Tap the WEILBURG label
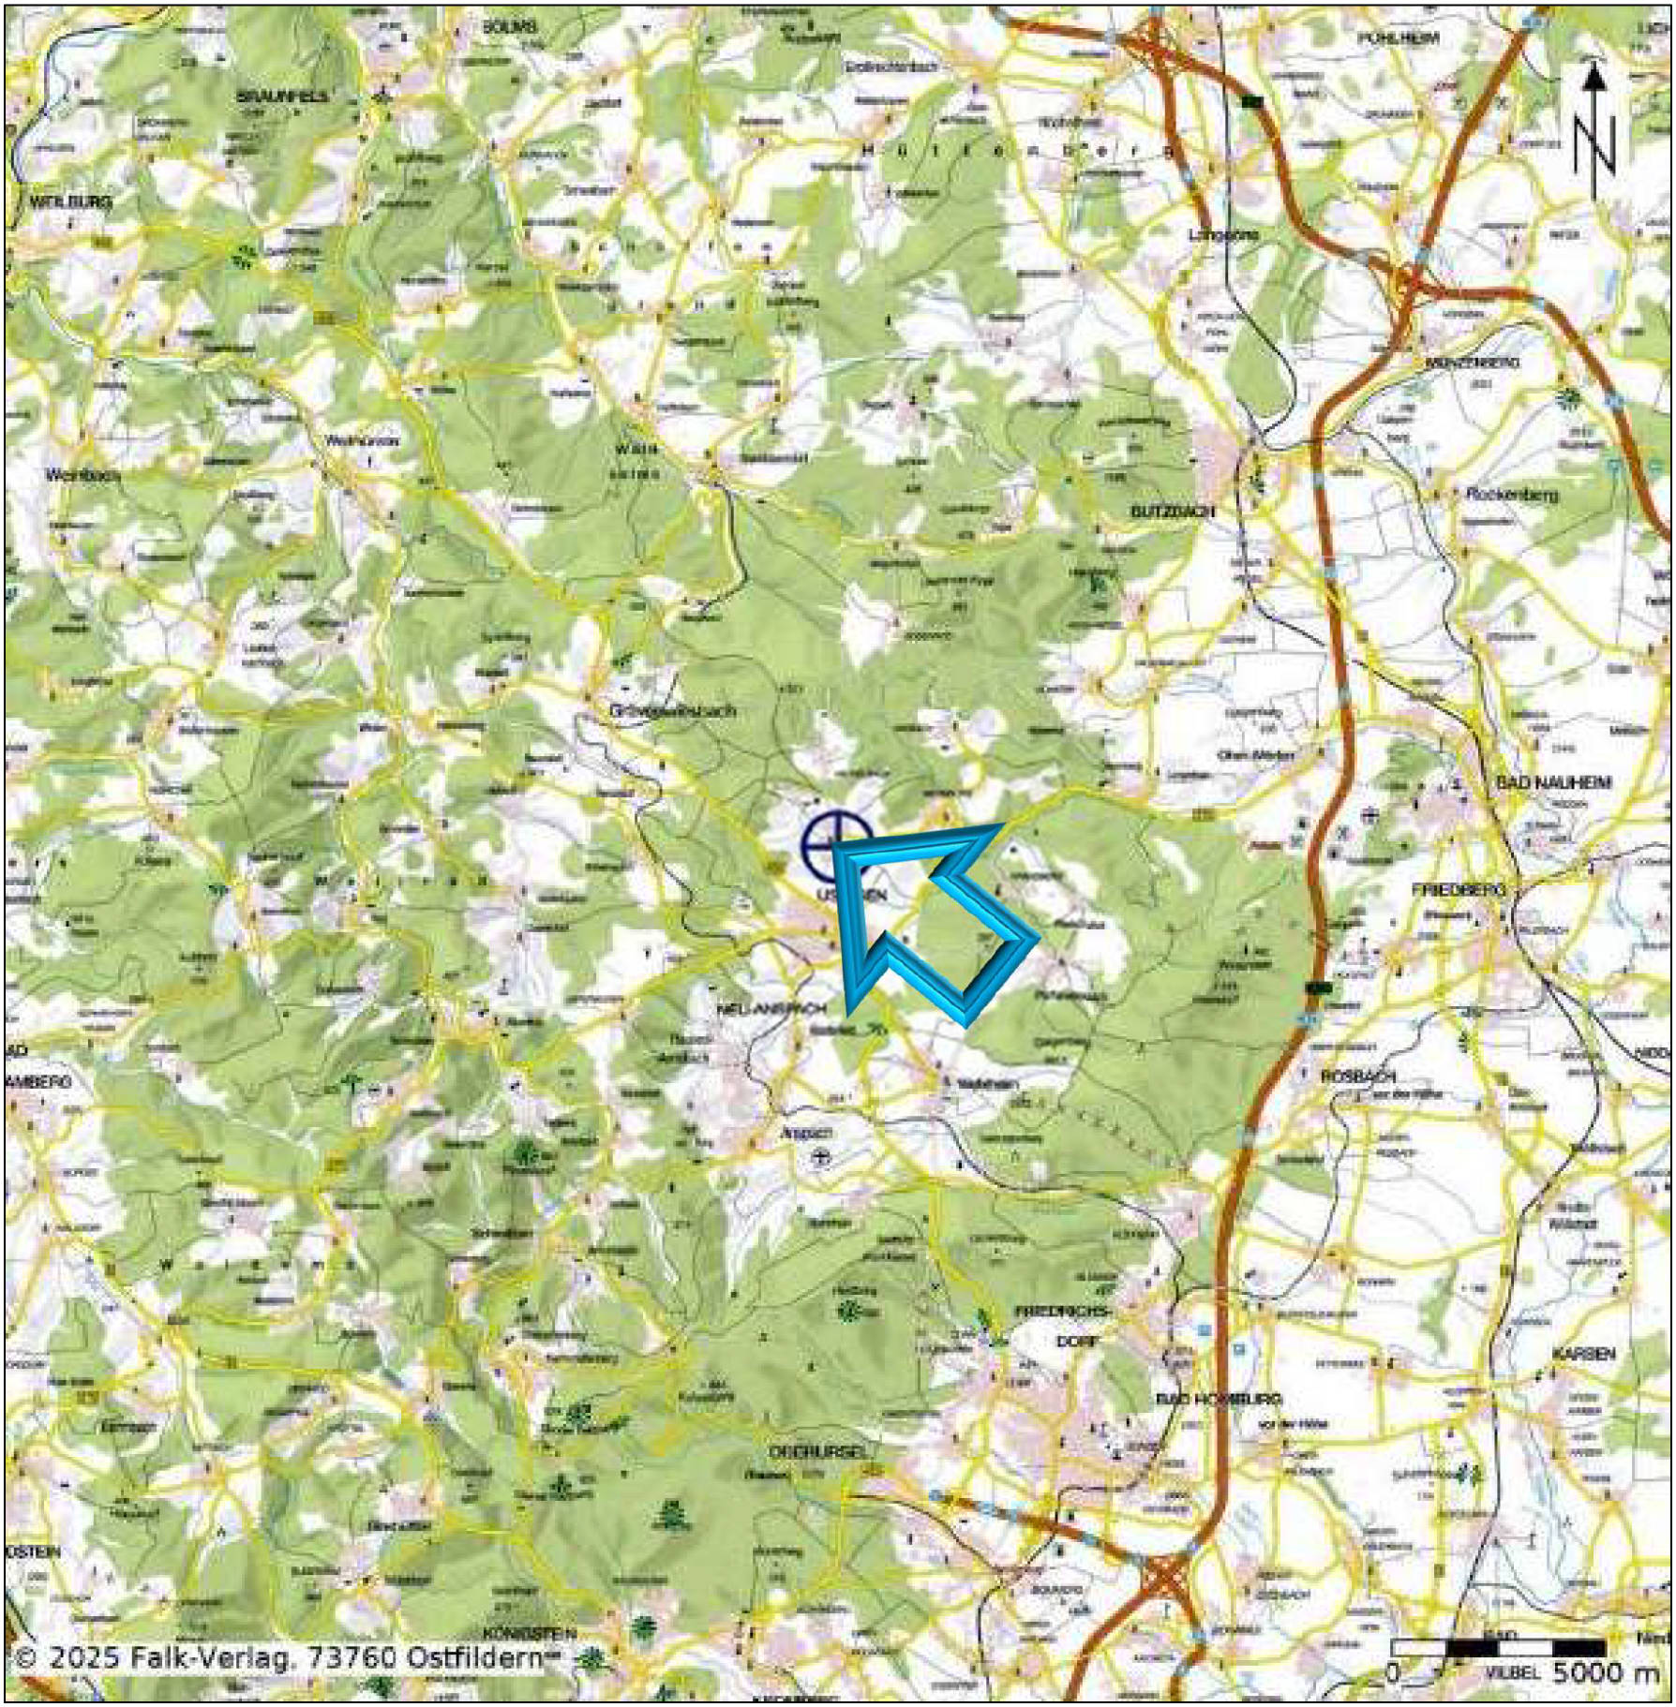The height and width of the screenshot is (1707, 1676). click(71, 201)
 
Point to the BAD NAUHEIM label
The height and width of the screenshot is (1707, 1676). click(1553, 782)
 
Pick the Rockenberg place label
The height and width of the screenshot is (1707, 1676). click(1511, 494)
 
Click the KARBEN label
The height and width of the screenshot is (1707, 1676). click(1583, 1355)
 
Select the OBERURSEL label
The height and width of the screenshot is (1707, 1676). click(812, 1451)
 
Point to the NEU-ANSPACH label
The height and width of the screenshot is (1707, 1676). click(771, 1009)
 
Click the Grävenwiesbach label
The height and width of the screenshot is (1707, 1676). click(672, 710)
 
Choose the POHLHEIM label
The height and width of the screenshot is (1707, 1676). click(1399, 38)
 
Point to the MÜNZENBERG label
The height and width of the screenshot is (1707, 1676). click(1473, 362)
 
